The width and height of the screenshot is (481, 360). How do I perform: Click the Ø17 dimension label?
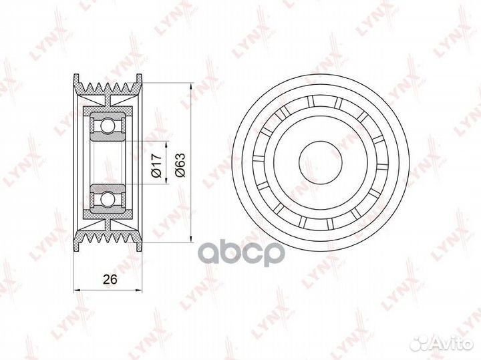tap(156, 165)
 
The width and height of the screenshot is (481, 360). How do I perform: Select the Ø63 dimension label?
tap(180, 165)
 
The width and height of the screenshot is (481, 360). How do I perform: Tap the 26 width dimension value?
tap(110, 279)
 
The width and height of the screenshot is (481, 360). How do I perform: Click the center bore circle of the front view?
tap(321, 162)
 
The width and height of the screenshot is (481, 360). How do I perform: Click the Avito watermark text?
tap(455, 344)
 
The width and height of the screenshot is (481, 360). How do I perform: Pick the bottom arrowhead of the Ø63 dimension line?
tap(191, 238)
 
